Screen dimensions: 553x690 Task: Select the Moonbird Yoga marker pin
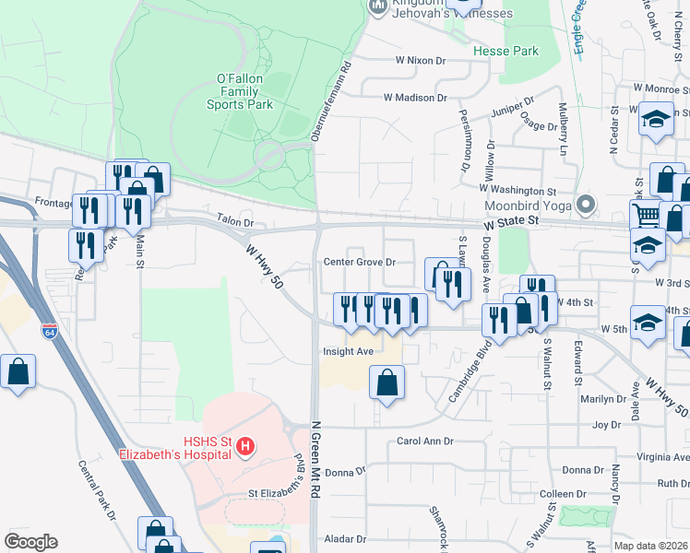pyautogui.click(x=583, y=204)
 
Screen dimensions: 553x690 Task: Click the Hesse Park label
pyautogui.click(x=506, y=52)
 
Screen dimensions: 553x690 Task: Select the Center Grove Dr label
pyautogui.click(x=359, y=262)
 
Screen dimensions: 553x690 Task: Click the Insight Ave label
pyautogui.click(x=348, y=351)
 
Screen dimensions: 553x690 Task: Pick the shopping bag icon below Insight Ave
pyautogui.click(x=387, y=382)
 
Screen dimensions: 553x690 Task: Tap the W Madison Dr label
pyautogui.click(x=416, y=97)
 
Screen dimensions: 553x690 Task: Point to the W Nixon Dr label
pyautogui.click(x=421, y=60)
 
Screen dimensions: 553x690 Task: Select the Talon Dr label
pyautogui.click(x=234, y=223)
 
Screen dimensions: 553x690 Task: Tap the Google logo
pyautogui.click(x=30, y=542)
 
